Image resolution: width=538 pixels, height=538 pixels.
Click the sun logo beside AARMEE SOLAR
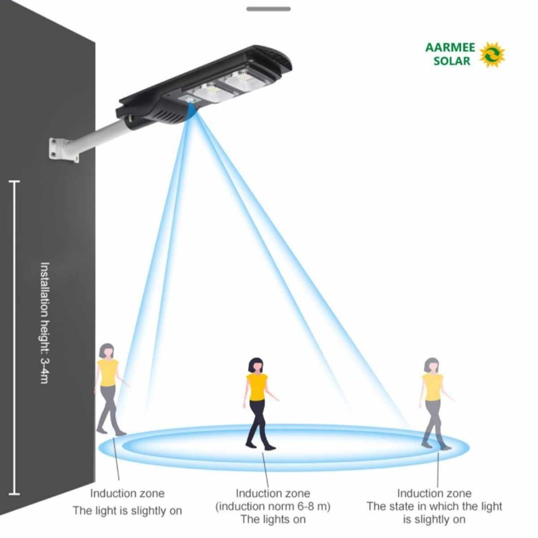point(492,55)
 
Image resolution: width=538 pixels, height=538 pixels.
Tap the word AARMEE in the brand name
point(450,48)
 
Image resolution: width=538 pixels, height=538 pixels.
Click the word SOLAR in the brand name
point(452,61)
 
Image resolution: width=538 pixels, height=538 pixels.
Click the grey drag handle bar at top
point(269,9)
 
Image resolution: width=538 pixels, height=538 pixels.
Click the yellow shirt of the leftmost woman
point(108,372)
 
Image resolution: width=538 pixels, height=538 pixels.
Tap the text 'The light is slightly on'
point(127,511)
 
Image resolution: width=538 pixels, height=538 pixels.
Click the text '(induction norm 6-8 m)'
point(273,507)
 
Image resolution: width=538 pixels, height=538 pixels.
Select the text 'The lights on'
point(273,520)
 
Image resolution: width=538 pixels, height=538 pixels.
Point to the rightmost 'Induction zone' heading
point(434,494)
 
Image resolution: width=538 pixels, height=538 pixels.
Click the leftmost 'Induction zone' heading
point(127,494)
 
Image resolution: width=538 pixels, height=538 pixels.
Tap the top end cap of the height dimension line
point(14,182)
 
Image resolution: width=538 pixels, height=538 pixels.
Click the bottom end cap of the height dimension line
point(14,495)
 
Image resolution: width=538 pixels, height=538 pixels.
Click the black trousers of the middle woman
point(257,419)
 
